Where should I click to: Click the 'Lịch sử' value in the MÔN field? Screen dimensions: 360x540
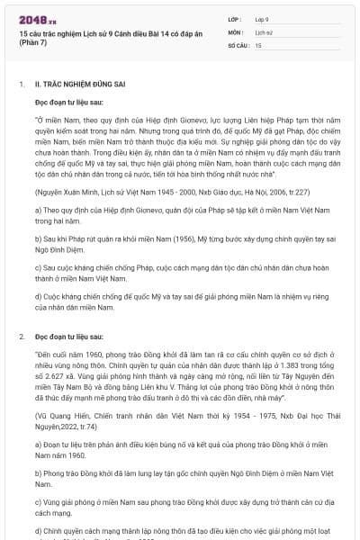[x=264, y=31]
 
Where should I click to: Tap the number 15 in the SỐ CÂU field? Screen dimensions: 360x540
[x=258, y=43]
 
